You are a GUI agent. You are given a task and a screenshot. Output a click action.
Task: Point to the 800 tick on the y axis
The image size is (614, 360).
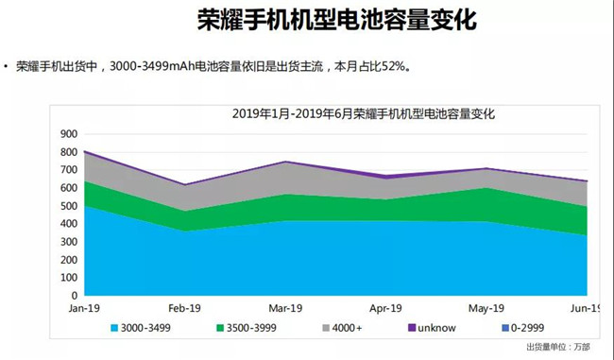[67, 152]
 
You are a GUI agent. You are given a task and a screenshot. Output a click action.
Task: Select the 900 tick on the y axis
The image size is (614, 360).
[67, 134]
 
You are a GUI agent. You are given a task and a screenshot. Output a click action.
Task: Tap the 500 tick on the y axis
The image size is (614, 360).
[67, 206]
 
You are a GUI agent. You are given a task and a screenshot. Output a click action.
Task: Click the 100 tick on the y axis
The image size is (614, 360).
[67, 278]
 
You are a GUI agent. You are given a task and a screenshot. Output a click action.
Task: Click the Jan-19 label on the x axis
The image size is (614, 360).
[84, 308]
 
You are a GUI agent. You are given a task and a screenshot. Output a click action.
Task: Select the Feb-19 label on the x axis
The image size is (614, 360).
[186, 308]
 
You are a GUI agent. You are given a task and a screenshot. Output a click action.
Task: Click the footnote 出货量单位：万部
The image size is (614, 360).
[557, 348]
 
